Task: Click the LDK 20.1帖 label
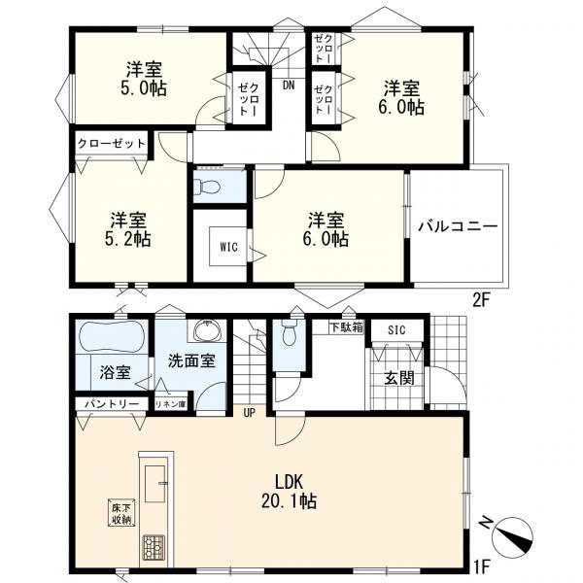(x=289, y=491)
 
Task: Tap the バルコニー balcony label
(x=458, y=226)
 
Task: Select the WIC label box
(x=228, y=247)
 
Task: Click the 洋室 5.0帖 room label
(x=144, y=79)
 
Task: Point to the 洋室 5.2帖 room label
(x=128, y=229)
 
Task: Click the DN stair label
(x=289, y=86)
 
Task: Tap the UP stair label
(x=249, y=413)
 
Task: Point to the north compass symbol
(x=511, y=537)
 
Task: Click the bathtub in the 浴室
(x=111, y=337)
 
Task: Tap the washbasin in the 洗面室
(x=207, y=329)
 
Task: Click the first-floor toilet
(x=289, y=332)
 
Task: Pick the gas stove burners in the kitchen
(x=154, y=546)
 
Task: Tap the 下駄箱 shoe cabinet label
(x=347, y=327)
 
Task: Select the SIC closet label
(x=396, y=329)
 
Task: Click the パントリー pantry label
(x=112, y=403)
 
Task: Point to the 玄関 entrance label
(x=399, y=378)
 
